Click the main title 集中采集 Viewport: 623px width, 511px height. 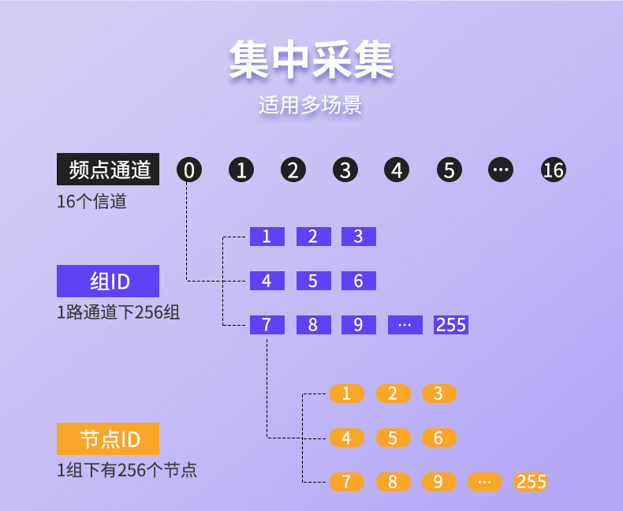[311, 61]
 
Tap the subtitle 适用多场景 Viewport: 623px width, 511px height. [310, 106]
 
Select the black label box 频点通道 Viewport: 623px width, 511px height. [108, 170]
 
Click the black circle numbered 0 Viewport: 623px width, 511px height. [189, 170]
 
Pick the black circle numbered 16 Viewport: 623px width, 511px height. [554, 170]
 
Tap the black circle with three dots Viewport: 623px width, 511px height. [501, 170]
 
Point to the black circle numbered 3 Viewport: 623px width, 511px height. [345, 170]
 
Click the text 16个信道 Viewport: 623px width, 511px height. [91, 201]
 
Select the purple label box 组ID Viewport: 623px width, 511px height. [108, 282]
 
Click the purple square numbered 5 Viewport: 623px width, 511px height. [314, 281]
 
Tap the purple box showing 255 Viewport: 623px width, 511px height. [451, 325]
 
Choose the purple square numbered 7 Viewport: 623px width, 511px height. [267, 325]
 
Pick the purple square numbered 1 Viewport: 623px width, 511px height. [267, 237]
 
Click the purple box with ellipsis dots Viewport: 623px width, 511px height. [405, 325]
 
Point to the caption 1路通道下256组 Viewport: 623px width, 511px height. [118, 312]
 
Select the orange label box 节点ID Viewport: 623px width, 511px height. [108, 438]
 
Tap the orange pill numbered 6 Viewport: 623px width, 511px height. [439, 438]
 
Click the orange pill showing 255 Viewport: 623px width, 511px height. [531, 482]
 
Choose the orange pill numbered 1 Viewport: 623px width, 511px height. [347, 394]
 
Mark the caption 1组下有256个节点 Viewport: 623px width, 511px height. [127, 471]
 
